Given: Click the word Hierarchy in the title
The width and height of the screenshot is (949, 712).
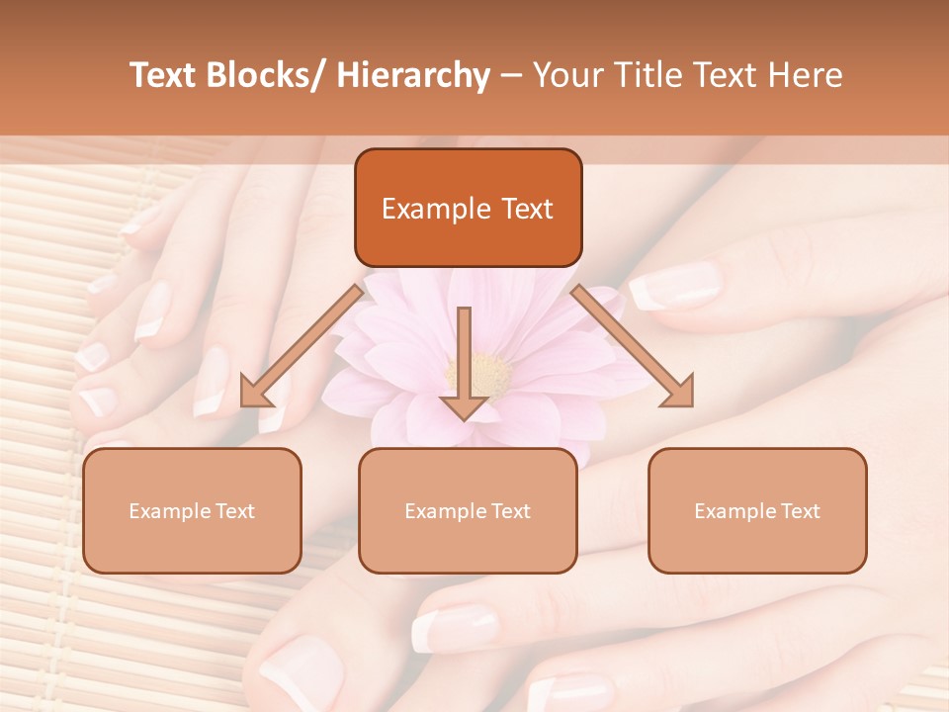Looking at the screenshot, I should tap(413, 75).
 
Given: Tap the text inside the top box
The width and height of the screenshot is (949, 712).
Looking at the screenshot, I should tap(468, 209).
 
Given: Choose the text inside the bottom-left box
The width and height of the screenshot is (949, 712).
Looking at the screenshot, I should tap(192, 511).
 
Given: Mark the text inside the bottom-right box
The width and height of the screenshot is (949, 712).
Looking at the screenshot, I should tap(757, 511).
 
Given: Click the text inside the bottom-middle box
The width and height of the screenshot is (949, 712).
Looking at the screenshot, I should tap(468, 511).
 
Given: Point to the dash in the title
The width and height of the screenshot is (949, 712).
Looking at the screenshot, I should tap(511, 76).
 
